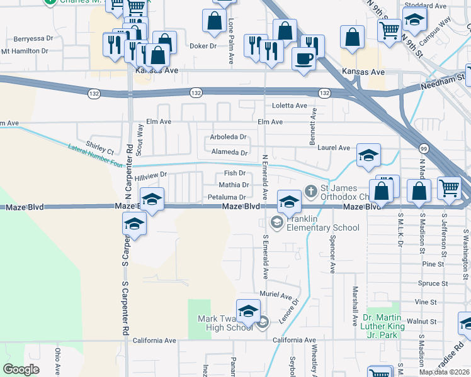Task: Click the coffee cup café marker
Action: [x=304, y=59]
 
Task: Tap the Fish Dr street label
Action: [x=234, y=173]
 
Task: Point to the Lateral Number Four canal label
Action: [x=95, y=155]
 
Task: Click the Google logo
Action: [x=21, y=369]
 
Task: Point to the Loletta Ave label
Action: [x=289, y=106]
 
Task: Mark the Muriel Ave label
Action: [x=276, y=295]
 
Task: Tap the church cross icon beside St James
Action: [x=310, y=190]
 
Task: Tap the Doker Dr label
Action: [x=203, y=46]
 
